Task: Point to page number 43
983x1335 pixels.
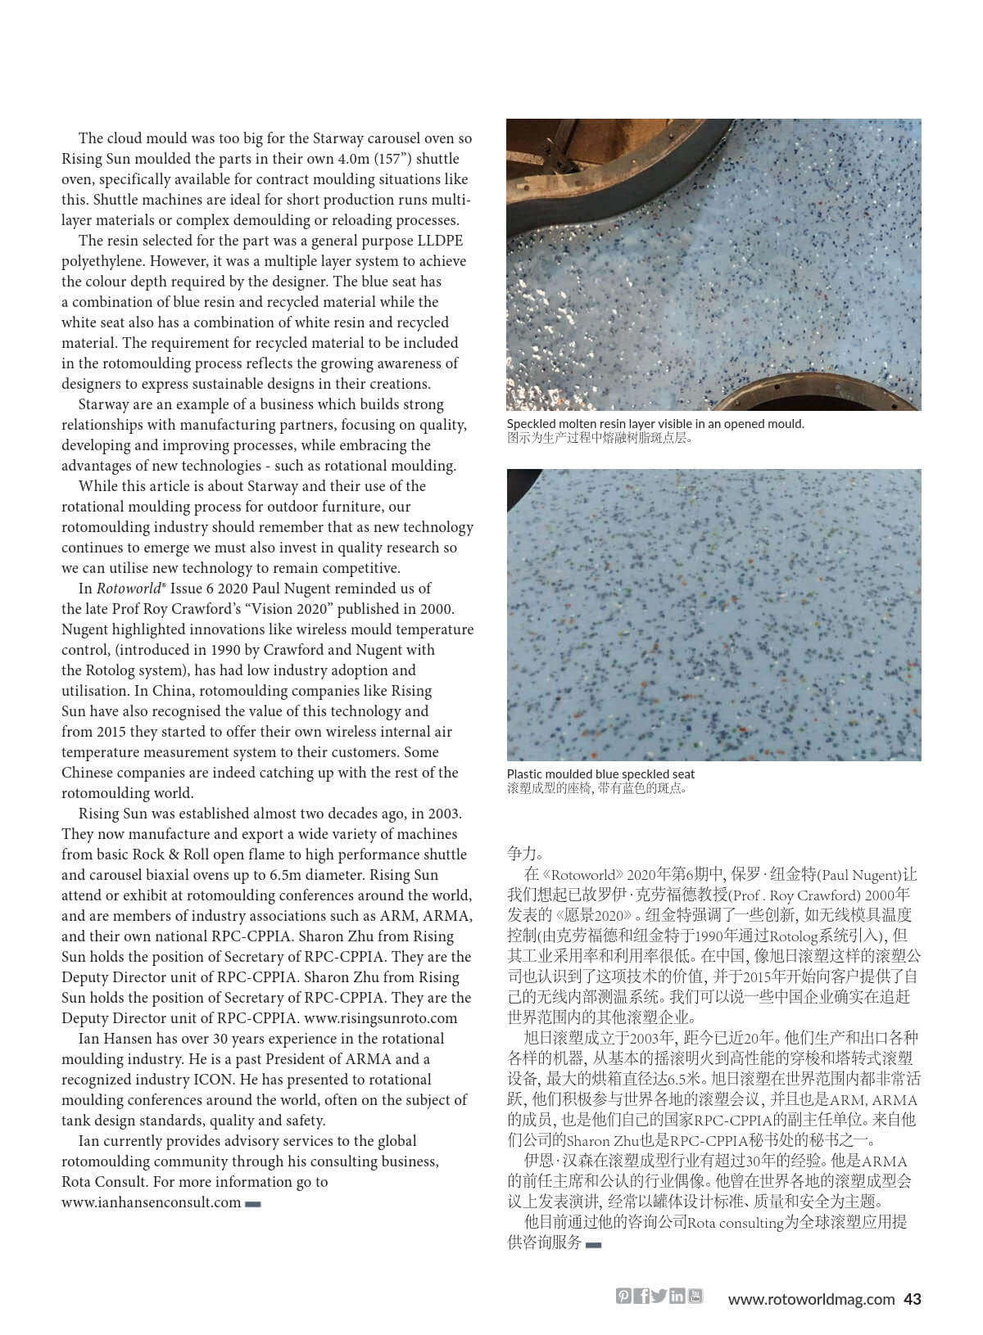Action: click(913, 1298)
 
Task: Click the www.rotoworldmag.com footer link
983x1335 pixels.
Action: click(811, 1298)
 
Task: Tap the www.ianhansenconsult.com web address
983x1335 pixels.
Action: click(151, 1202)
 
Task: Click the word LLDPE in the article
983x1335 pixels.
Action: click(439, 241)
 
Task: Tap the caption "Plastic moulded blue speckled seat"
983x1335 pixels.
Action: click(600, 773)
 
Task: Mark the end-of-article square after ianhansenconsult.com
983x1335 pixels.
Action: click(253, 1203)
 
